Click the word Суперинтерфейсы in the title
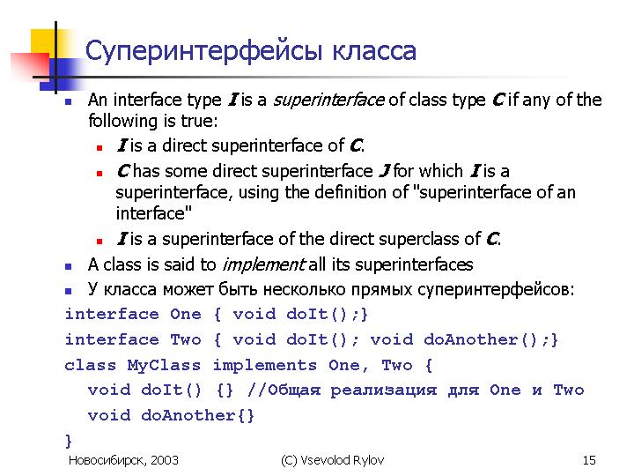tap(203, 51)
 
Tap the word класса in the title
tap(374, 51)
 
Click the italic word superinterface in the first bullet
tap(328, 100)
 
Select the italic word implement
tap(263, 264)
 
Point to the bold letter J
tap(385, 171)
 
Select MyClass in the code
tap(164, 365)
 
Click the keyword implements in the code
tap(265, 366)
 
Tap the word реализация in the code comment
tap(383, 390)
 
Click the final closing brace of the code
tap(69, 441)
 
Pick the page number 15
tap(589, 460)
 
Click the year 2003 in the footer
tap(165, 460)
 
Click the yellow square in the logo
tap(42, 41)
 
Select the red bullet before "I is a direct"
tap(100, 148)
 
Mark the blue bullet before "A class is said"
tap(69, 266)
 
